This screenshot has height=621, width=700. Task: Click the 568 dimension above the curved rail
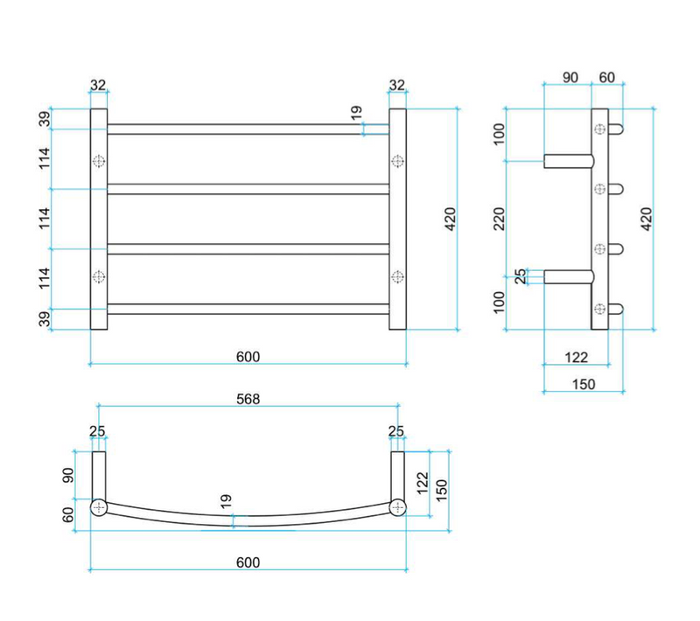coord(248,398)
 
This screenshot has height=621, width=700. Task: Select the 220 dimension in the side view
coord(500,218)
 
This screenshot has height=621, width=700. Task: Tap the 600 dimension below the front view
coord(248,356)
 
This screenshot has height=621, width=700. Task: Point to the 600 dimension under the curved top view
coord(248,562)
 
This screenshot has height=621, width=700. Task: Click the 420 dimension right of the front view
coord(450,217)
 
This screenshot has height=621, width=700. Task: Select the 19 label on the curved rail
coord(227,501)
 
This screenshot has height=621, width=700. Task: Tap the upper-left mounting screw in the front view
coord(99,161)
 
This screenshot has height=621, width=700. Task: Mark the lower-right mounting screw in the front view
coord(398,276)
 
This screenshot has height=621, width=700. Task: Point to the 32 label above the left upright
coord(98,85)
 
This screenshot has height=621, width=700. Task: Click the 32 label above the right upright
coord(397,85)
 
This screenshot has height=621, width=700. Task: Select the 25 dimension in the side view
coord(521,276)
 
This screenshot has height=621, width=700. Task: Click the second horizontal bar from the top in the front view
coord(248,189)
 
